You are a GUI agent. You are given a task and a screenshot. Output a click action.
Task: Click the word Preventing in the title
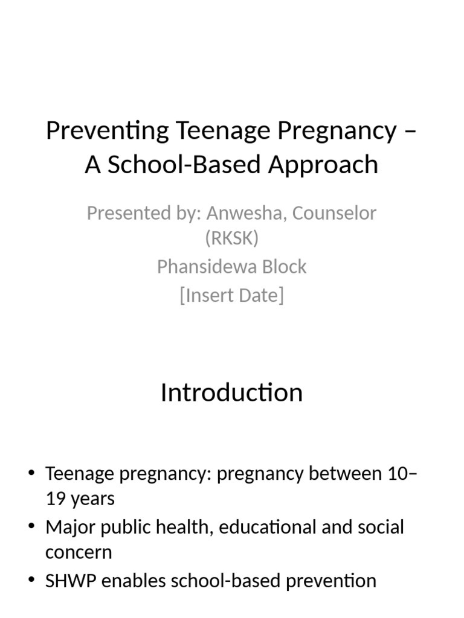tap(108, 131)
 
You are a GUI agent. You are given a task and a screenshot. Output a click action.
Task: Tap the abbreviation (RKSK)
tap(232, 238)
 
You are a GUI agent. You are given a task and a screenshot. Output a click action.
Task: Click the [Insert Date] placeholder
tap(232, 295)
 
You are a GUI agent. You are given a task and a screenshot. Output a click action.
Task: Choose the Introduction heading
tap(232, 392)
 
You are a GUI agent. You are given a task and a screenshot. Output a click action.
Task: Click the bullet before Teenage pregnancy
tap(32, 473)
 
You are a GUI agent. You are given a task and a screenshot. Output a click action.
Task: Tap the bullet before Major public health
tap(32, 526)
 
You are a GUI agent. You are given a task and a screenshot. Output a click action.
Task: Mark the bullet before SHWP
tap(32, 580)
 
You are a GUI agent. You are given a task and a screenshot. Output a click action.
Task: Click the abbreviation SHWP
tap(71, 581)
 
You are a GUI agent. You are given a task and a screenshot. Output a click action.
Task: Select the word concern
tap(79, 553)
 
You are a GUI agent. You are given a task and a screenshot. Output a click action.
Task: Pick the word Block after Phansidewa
tap(285, 267)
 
